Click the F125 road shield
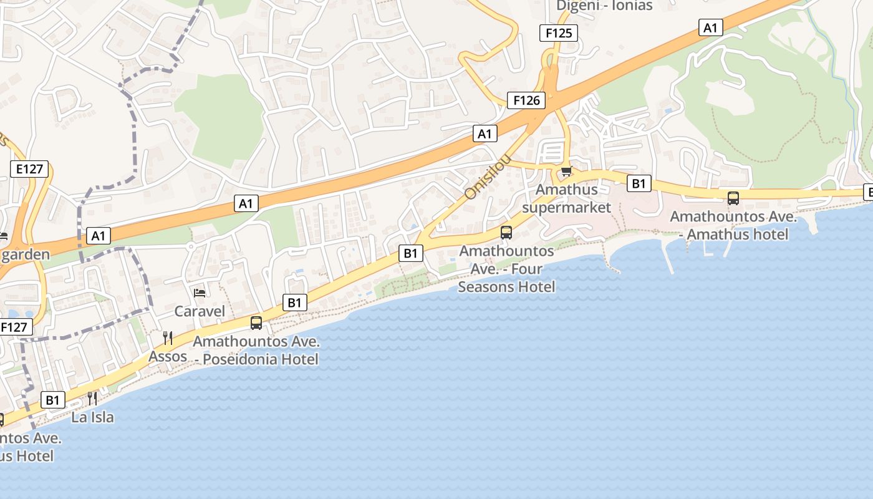click(558, 33)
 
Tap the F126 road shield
click(526, 100)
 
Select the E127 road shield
click(29, 168)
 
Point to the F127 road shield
click(14, 327)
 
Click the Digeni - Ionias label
click(604, 6)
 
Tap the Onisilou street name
click(488, 177)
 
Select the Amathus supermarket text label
click(567, 198)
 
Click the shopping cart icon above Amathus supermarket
click(566, 172)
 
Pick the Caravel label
click(200, 311)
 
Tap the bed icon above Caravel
click(200, 293)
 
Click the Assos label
click(168, 356)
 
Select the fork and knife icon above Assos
click(168, 338)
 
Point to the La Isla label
click(92, 417)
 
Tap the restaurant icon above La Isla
click(92, 398)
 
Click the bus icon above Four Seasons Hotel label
click(506, 233)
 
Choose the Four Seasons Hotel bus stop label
click(506, 269)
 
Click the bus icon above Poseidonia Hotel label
click(256, 323)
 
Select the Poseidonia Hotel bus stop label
click(256, 350)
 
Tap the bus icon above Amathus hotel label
click(733, 198)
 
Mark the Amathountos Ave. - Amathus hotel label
click(733, 225)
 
